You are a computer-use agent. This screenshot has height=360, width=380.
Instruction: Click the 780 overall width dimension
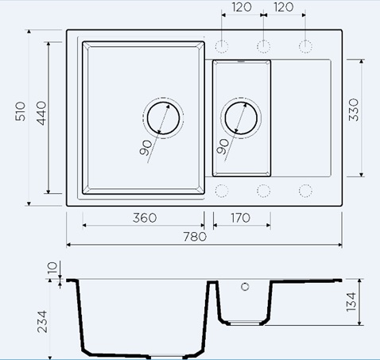tap(195, 237)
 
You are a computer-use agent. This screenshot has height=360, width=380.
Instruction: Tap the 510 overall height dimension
tap(21, 111)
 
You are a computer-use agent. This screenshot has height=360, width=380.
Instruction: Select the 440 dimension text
tap(41, 113)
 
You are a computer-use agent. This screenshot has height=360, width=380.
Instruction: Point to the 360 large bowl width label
tap(145, 218)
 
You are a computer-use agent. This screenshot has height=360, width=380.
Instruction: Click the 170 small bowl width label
tap(240, 218)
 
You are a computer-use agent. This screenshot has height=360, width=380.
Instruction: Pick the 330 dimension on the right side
tap(354, 110)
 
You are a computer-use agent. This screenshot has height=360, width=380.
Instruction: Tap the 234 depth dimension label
tap(42, 322)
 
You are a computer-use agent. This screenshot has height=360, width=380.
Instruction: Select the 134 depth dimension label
tap(351, 302)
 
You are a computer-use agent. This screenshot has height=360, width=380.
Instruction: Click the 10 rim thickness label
tap(52, 268)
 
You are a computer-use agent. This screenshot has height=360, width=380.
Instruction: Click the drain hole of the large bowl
tap(163, 118)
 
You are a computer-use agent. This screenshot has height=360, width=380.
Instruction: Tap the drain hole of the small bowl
tap(241, 118)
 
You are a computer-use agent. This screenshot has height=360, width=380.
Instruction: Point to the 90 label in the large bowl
tap(146, 148)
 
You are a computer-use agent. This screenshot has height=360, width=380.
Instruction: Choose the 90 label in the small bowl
tap(223, 146)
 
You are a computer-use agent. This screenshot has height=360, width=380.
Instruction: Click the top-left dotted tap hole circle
tap(222, 47)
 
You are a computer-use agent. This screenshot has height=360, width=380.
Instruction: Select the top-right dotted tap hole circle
tap(305, 47)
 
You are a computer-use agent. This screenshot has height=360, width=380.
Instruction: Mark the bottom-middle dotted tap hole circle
tap(263, 191)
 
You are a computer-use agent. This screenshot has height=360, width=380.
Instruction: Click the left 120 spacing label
tap(242, 7)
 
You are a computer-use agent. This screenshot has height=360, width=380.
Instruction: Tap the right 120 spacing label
tap(284, 7)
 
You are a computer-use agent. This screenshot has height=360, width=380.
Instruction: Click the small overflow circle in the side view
tap(245, 287)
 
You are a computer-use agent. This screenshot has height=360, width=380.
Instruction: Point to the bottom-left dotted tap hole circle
tap(222, 191)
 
